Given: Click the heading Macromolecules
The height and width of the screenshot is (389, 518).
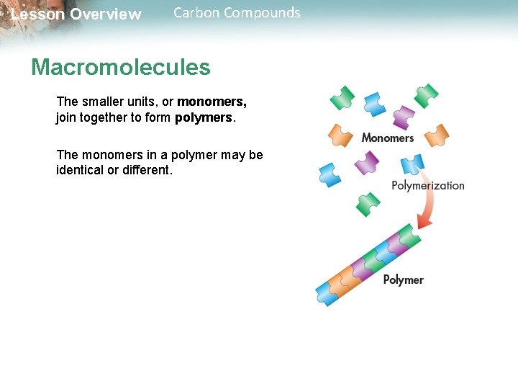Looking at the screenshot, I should point(120,68).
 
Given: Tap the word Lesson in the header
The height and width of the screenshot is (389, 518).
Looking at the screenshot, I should point(37,14).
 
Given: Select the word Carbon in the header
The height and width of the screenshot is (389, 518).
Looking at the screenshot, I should point(196,13).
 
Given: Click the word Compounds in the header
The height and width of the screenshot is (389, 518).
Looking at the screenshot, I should point(263,13).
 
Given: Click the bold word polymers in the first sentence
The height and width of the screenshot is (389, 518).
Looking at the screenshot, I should point(204,117).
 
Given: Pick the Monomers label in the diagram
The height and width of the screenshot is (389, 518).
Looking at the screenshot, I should point(387,138).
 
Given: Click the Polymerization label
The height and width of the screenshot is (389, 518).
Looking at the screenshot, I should point(427,185).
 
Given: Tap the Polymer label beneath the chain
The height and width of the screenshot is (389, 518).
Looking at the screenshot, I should point(403,280).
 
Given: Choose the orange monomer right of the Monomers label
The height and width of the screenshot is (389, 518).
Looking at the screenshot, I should point(436,134).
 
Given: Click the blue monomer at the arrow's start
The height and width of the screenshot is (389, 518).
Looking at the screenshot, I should point(412,165).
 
